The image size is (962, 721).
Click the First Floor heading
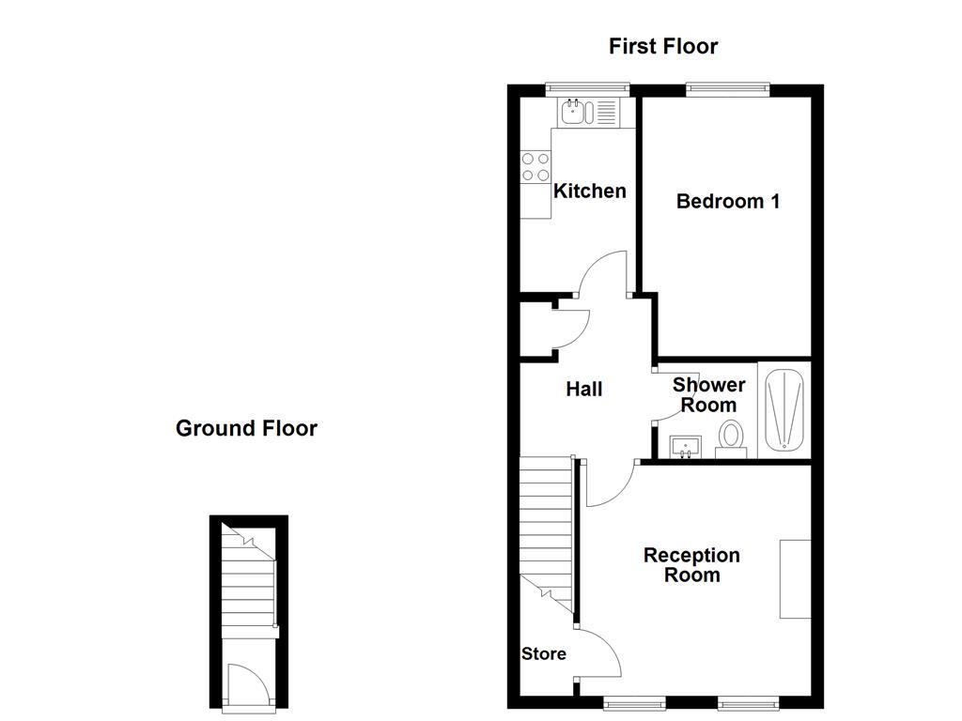point(662,46)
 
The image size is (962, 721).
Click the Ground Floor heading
point(246,429)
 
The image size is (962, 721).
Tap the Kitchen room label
point(590,192)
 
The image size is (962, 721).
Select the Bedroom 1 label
point(728,201)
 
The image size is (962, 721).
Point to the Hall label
point(583,389)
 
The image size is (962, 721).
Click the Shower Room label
point(708,395)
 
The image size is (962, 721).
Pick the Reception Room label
point(691,565)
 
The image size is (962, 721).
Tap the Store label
point(544,653)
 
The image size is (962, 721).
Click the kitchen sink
point(573,114)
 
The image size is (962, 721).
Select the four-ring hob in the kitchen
point(536,167)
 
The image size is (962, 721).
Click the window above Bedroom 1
point(727,90)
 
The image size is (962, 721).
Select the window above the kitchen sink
point(586,90)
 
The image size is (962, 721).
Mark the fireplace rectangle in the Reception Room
point(795,578)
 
